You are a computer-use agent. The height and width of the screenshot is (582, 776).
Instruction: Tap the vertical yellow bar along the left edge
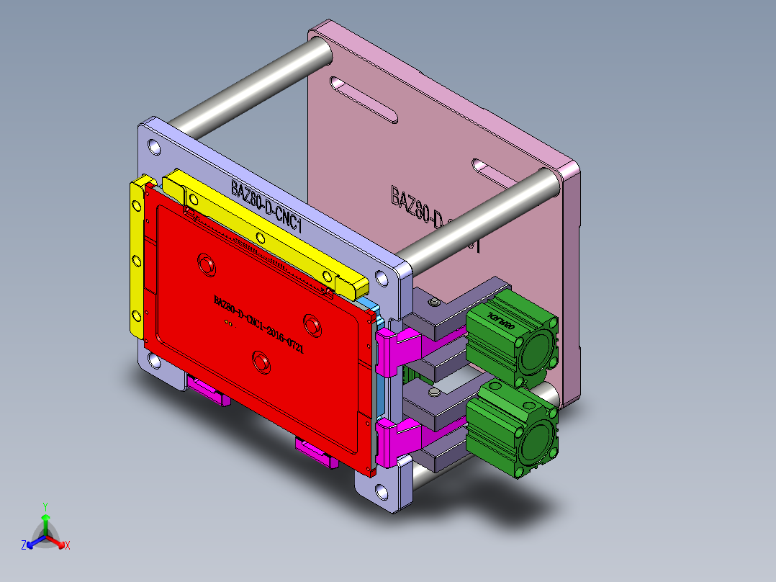tap(137, 259)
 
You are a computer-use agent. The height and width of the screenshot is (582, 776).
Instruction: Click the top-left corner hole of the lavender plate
tap(153, 147)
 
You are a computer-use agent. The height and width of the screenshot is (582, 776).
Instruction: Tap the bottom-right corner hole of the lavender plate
tap(380, 492)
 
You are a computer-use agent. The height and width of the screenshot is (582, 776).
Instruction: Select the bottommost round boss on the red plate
tap(261, 361)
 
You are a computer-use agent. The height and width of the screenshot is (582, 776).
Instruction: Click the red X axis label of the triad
tap(68, 545)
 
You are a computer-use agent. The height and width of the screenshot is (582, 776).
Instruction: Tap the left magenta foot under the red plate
tap(209, 392)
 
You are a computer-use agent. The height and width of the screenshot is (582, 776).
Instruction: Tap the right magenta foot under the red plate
tap(317, 454)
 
